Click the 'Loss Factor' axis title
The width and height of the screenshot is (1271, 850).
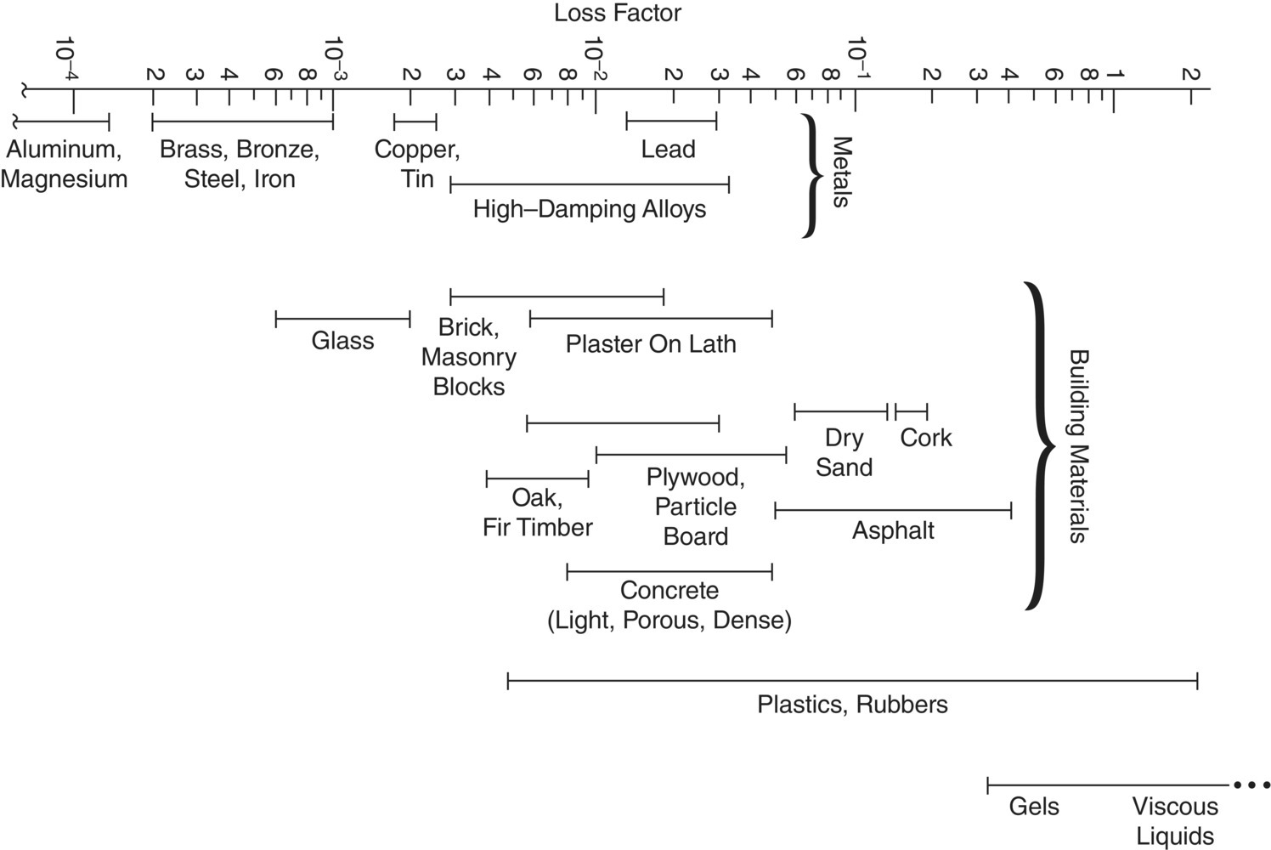[617, 14]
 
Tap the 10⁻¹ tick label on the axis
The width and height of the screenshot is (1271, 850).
[856, 56]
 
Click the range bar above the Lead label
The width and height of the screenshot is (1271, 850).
[671, 121]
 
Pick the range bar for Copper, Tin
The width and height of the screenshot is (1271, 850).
[415, 121]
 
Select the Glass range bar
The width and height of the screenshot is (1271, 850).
[342, 319]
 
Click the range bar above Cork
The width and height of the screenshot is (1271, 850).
[911, 411]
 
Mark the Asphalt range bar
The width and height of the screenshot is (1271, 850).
[892, 510]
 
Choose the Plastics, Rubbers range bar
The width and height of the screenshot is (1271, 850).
[852, 680]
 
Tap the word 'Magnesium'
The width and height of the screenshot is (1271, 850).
[65, 179]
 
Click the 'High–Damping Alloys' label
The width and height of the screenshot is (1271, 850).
[590, 209]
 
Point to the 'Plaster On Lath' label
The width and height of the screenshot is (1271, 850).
[651, 344]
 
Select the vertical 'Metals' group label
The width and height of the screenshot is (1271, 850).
[840, 172]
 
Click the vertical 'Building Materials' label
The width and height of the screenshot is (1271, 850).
[1077, 445]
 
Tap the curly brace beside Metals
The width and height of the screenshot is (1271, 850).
[812, 176]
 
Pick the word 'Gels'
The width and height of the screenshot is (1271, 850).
[1034, 806]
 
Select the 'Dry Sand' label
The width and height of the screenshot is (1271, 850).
[844, 452]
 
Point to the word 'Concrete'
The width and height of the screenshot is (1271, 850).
[669, 590]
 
